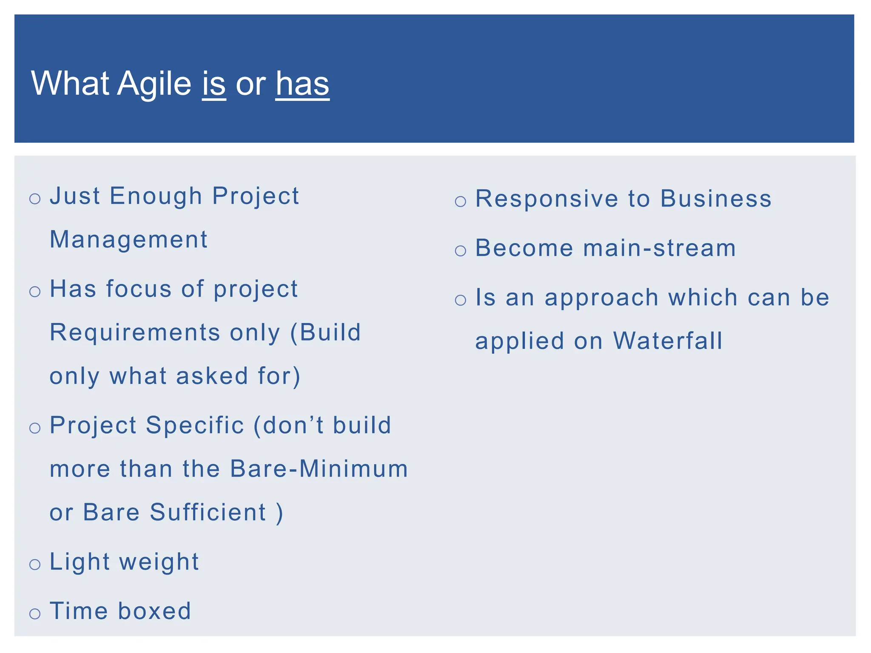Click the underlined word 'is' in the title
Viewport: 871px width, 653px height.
(x=213, y=83)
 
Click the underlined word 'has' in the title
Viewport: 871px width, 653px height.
(x=302, y=83)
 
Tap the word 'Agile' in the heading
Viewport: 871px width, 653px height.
(x=154, y=83)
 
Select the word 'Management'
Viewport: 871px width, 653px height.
(x=128, y=239)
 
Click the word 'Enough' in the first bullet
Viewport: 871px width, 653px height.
(x=156, y=196)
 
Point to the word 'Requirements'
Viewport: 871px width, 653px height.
(x=135, y=332)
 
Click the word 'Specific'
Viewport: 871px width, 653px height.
(x=195, y=425)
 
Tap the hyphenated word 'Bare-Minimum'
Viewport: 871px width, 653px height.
(x=319, y=468)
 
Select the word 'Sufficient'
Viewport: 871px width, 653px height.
(x=208, y=512)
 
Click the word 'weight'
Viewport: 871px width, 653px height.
(x=159, y=562)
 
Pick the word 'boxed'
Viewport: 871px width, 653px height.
(x=154, y=611)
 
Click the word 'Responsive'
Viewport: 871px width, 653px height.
(x=547, y=199)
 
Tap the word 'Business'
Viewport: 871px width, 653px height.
(x=716, y=199)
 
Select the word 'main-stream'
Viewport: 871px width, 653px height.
(x=659, y=248)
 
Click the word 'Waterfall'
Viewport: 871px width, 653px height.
(x=668, y=341)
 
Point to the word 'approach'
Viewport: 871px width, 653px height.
(x=601, y=298)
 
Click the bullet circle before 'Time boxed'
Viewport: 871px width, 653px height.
(x=35, y=613)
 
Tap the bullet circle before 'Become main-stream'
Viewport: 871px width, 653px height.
(x=461, y=250)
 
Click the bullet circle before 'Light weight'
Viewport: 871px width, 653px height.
(x=35, y=565)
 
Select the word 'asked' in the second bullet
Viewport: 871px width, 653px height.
(x=212, y=376)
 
